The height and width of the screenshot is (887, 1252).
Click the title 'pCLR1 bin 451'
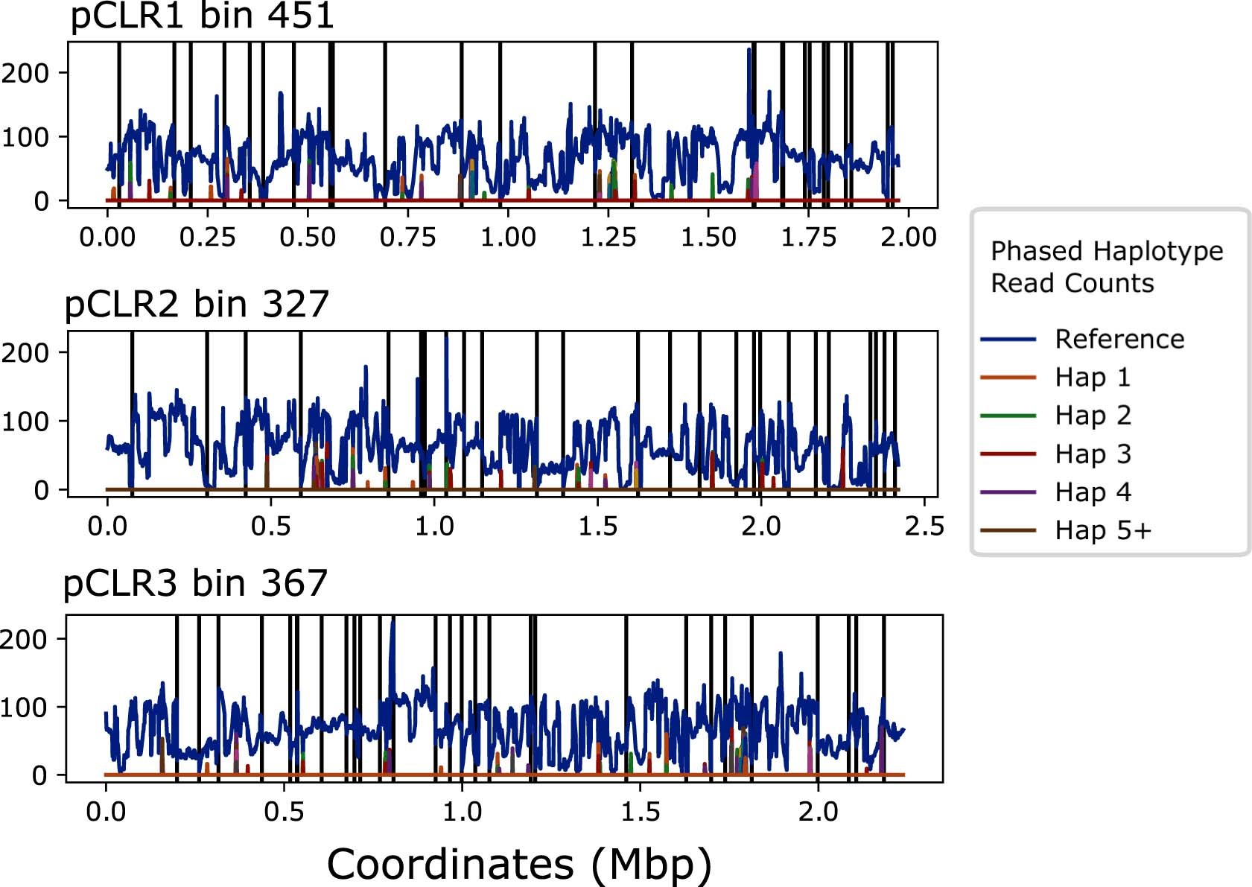[x=202, y=16]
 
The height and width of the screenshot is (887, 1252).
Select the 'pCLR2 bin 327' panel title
[x=197, y=304]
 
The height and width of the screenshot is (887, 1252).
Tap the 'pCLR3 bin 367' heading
[x=195, y=583]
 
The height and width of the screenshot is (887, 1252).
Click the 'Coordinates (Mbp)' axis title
[x=519, y=864]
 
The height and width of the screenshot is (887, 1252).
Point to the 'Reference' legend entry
[x=1119, y=340]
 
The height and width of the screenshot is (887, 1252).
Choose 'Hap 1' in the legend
[x=1093, y=378]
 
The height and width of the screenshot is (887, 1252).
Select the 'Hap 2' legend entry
[x=1093, y=416]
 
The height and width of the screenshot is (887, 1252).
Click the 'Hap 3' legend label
[x=1093, y=454]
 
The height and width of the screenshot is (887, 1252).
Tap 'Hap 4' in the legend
[x=1093, y=492]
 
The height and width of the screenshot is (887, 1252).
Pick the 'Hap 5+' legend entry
[x=1102, y=530]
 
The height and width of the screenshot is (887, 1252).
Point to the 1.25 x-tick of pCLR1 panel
[x=608, y=238]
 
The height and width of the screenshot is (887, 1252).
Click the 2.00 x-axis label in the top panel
[x=908, y=238]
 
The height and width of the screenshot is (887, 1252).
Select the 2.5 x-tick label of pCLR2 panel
[x=924, y=527]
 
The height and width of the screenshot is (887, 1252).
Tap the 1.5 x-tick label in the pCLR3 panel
[x=641, y=811]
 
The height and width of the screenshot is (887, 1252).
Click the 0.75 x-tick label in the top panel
[x=407, y=238]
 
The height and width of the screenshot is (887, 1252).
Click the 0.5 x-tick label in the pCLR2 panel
[x=270, y=527]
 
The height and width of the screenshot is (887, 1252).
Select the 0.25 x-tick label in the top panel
[x=207, y=238]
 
